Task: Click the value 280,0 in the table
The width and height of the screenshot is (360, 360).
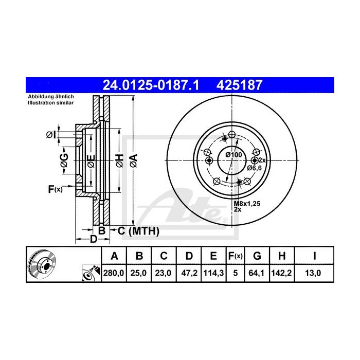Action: click(115, 274)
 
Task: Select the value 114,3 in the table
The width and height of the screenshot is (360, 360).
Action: click(212, 274)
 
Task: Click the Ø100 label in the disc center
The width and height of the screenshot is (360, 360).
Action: click(234, 155)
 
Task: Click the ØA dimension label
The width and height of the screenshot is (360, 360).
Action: click(133, 159)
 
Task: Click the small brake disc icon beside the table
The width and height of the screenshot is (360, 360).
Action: click(40, 266)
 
